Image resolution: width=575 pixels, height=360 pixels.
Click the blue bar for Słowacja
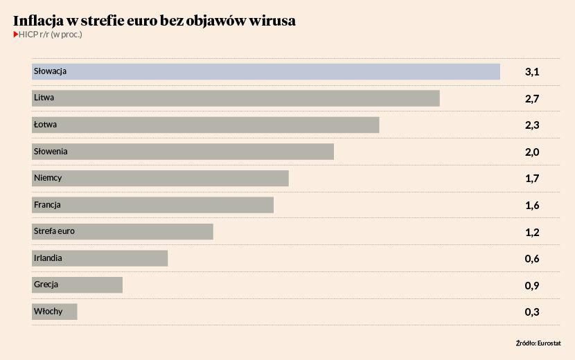[266, 71]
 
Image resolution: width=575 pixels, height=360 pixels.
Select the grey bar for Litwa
[236, 98]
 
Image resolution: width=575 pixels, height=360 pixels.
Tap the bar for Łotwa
[206, 125]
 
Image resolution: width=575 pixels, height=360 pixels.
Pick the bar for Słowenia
[183, 152]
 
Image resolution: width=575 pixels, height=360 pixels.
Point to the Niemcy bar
[160, 178]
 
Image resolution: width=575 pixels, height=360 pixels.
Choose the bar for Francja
[152, 205]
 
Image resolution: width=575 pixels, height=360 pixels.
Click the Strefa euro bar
[123, 231]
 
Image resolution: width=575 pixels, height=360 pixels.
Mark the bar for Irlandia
[100, 258]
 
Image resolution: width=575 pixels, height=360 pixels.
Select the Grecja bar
[77, 285]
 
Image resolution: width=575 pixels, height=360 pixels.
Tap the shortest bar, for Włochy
[55, 312]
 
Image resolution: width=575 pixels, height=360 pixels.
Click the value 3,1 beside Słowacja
[532, 72]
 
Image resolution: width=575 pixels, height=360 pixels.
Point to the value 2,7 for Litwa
[532, 99]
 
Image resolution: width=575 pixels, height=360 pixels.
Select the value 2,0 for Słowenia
[532, 152]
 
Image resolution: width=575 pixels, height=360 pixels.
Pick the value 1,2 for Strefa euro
[532, 233]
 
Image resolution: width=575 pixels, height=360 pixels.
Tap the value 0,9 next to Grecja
[532, 286]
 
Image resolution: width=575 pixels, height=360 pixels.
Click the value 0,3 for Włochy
[532, 312]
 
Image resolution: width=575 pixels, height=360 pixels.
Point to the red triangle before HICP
[16, 34]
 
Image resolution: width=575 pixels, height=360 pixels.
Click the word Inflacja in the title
[39, 21]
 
